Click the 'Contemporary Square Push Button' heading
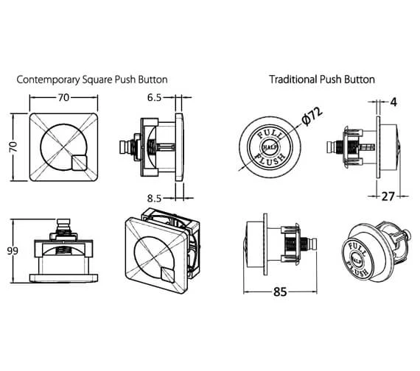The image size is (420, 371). [92, 79]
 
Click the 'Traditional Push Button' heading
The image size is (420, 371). [322, 79]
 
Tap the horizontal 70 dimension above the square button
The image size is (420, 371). [64, 97]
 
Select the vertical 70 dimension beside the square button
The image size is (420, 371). [13, 146]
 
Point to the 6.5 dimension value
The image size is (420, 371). [154, 98]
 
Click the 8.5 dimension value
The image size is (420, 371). [154, 198]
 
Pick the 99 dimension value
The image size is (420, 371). [13, 251]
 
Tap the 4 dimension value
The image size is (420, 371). [393, 102]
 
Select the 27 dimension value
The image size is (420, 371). [388, 197]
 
